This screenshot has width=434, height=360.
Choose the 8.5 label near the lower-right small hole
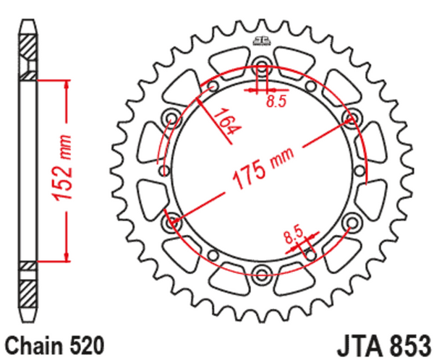point(292,233)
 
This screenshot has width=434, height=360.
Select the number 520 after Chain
point(88,342)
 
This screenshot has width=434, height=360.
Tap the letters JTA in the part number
point(359,343)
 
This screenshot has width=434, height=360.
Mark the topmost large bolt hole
point(261,69)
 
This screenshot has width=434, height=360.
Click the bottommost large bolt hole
point(261,273)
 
